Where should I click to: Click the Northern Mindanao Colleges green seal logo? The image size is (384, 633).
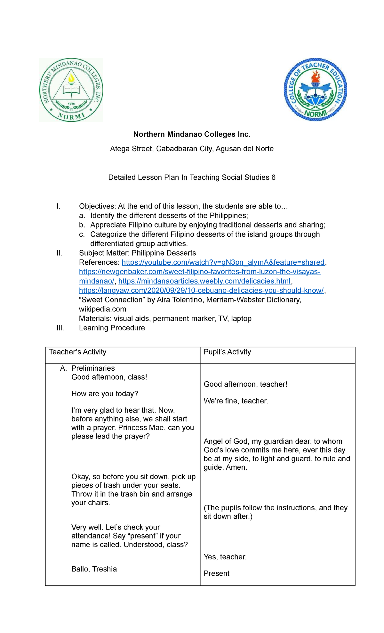click(x=71, y=90)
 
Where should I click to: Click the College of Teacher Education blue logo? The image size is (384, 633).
click(x=315, y=89)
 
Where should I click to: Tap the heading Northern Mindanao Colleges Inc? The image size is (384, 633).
click(x=192, y=135)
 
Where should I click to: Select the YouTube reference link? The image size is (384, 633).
click(x=223, y=262)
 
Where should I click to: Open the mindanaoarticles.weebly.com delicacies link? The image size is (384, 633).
click(x=204, y=281)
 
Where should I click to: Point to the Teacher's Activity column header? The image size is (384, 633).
click(x=77, y=352)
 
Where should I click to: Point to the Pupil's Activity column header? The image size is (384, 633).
click(x=227, y=352)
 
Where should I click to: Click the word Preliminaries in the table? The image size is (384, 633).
click(x=93, y=368)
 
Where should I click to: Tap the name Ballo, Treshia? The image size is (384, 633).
click(x=94, y=569)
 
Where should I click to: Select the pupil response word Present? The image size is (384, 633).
click(x=216, y=573)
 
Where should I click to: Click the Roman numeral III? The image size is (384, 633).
click(x=60, y=328)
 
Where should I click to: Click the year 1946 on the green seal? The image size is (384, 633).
click(x=71, y=104)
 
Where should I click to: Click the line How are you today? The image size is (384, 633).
click(x=105, y=394)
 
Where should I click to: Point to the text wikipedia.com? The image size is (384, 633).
click(x=102, y=309)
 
